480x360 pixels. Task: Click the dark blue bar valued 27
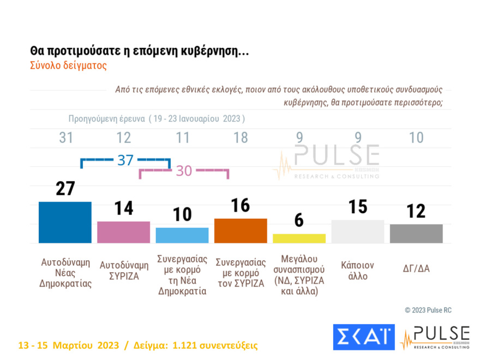click(65, 222)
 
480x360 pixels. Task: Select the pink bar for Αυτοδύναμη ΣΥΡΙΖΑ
click(123, 232)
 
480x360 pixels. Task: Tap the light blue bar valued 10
click(182, 235)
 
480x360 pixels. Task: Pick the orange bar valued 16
click(241, 230)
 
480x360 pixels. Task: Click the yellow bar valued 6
click(299, 238)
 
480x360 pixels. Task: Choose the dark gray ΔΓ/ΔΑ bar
click(416, 233)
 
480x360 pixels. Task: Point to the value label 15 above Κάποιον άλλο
click(357, 207)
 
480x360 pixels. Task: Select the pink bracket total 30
click(184, 171)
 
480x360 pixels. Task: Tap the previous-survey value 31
click(66, 138)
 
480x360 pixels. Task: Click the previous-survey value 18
click(241, 138)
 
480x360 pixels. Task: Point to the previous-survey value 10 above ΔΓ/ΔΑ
click(416, 138)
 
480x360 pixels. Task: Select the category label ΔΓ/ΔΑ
click(416, 268)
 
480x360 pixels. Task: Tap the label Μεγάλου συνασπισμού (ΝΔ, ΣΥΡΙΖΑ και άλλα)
click(299, 275)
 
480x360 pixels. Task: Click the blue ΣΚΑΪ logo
click(363, 337)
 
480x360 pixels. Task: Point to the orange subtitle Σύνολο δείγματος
click(68, 65)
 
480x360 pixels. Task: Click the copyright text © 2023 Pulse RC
click(428, 310)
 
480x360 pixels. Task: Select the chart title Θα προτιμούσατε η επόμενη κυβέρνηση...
click(140, 51)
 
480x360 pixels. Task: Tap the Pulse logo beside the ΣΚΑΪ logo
click(435, 337)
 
